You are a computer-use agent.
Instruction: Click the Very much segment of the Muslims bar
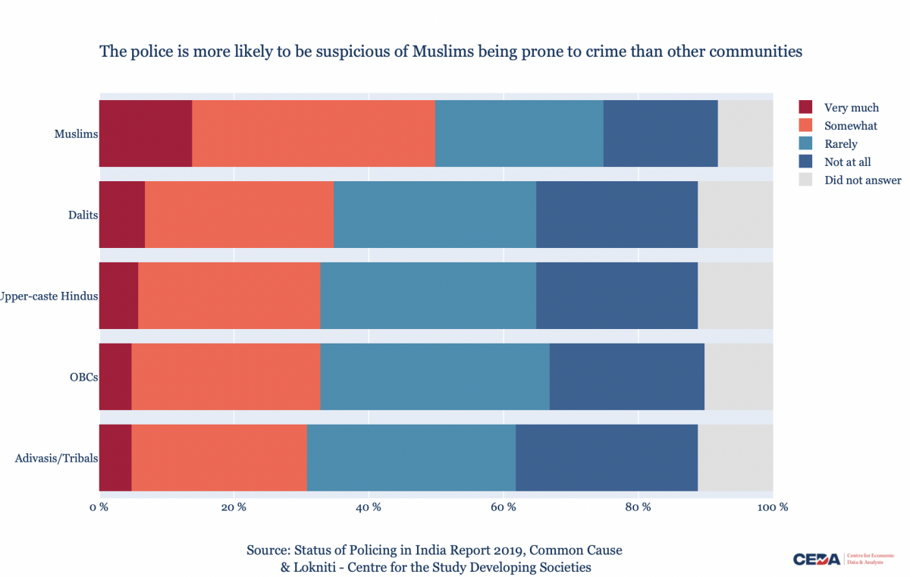click(146, 133)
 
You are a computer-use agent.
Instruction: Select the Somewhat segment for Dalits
click(239, 215)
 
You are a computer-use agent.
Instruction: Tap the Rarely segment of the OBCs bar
click(435, 377)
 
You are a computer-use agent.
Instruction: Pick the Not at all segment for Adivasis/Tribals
click(607, 458)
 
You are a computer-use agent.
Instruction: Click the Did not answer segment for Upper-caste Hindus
click(735, 296)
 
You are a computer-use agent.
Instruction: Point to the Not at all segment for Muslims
click(661, 133)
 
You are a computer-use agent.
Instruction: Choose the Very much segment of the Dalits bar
click(122, 215)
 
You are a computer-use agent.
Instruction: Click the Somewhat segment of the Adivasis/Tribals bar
click(219, 458)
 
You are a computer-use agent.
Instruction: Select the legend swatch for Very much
click(806, 108)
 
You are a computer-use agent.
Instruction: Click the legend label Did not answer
click(863, 180)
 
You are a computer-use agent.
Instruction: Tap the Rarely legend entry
click(841, 144)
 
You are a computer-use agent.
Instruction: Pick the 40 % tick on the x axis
click(369, 506)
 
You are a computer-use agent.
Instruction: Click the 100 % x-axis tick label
click(773, 506)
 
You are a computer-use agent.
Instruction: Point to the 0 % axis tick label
click(99, 506)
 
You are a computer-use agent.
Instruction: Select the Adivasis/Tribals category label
click(56, 458)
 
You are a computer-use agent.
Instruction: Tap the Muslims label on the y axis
click(76, 134)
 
